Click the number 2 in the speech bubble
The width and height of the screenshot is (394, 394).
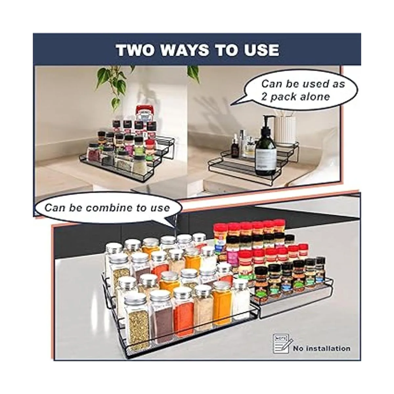coord(264,97)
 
